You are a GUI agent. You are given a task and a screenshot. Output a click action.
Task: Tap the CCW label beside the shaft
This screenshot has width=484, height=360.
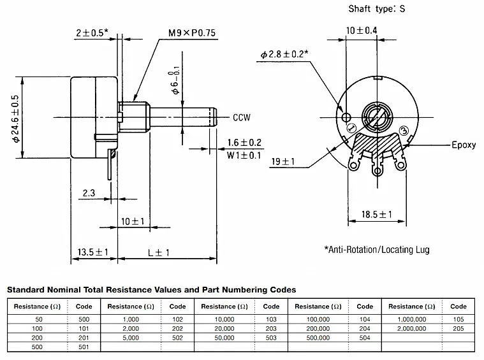pos(242,117)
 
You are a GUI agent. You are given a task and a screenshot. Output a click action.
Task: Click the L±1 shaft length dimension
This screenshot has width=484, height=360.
pos(159,253)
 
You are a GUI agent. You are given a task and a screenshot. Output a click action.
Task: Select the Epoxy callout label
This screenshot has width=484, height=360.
pos(464,145)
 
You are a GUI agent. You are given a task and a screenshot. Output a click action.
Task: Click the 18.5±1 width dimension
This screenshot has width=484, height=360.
pos(376,215)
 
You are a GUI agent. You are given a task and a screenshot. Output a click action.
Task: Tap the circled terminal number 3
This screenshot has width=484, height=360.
pos(402,131)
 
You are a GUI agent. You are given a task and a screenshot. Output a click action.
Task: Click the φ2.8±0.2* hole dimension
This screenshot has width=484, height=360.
pos(284,55)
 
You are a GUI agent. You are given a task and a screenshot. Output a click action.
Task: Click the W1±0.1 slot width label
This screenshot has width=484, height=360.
pos(243,154)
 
